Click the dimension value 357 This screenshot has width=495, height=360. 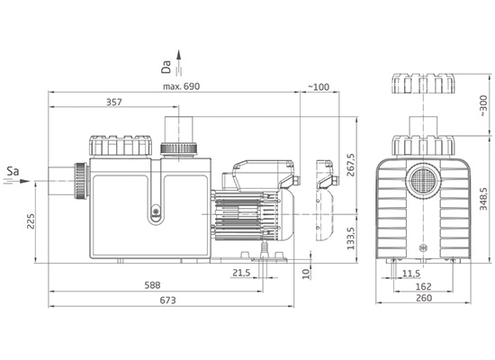pyautogui.click(x=114, y=103)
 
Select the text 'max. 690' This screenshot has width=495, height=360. pyautogui.click(x=181, y=86)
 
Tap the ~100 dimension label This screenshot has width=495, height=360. pyautogui.click(x=319, y=86)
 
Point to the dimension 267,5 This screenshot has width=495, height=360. pyautogui.click(x=350, y=165)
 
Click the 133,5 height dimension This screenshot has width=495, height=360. pyautogui.click(x=350, y=238)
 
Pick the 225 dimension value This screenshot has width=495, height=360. pyautogui.click(x=31, y=221)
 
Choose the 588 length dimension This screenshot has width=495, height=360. pyautogui.click(x=152, y=285)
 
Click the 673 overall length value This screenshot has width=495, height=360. pyautogui.click(x=167, y=300)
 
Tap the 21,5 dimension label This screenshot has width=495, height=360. pyautogui.click(x=241, y=273)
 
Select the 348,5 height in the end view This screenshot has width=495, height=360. pyautogui.click(x=483, y=199)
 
